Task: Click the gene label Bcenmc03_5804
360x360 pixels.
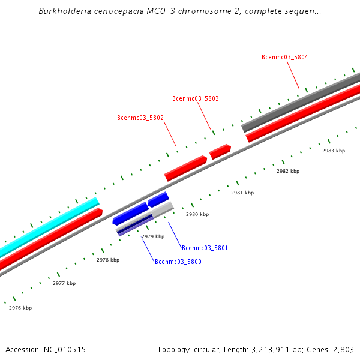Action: pyautogui.click(x=284, y=58)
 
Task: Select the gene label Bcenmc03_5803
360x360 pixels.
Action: pyautogui.click(x=195, y=98)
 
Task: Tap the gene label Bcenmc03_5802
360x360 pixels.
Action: pyautogui.click(x=140, y=118)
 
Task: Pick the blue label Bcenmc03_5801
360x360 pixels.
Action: pyautogui.click(x=205, y=248)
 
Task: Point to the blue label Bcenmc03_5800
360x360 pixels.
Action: pyautogui.click(x=178, y=262)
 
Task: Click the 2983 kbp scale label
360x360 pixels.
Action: pyautogui.click(x=334, y=151)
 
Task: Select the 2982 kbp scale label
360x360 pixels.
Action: pyautogui.click(x=288, y=172)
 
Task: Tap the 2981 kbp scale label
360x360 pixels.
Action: pyautogui.click(x=242, y=193)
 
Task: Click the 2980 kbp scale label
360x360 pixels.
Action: pyautogui.click(x=197, y=214)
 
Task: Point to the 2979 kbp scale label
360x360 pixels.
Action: pyautogui.click(x=153, y=237)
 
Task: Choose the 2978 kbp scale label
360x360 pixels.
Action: pyautogui.click(x=108, y=260)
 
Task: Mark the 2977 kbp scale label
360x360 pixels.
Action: pyautogui.click(x=64, y=283)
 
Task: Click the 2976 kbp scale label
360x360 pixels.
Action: pyautogui.click(x=20, y=308)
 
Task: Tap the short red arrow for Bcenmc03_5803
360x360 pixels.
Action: pyautogui.click(x=220, y=151)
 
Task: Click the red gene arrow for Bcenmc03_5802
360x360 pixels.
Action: pyautogui.click(x=185, y=168)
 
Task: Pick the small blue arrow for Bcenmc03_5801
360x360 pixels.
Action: pyautogui.click(x=158, y=199)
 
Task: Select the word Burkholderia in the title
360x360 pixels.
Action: pyautogui.click(x=63, y=11)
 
